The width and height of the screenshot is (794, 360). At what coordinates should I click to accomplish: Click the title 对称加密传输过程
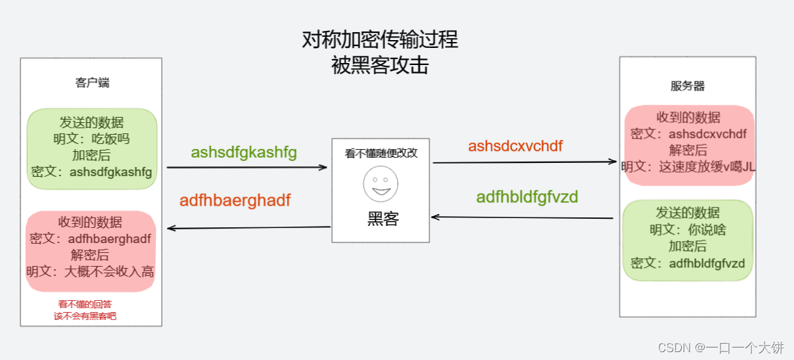[x=380, y=40]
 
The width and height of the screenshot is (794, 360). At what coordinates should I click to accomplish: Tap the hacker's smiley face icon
[x=381, y=183]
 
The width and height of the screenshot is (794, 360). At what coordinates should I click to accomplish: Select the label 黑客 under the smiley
[x=383, y=219]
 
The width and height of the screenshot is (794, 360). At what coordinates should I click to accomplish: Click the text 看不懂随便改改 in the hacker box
[x=381, y=154]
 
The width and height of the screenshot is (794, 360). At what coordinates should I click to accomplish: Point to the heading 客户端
[x=92, y=83]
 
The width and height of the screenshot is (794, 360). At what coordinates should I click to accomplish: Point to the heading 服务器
[x=688, y=86]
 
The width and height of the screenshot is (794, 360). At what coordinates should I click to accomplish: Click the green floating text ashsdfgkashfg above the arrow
[x=244, y=152]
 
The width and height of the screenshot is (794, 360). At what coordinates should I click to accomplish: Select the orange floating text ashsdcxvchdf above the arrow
[x=515, y=146]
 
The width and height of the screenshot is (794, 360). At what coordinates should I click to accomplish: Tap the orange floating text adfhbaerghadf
[x=235, y=200]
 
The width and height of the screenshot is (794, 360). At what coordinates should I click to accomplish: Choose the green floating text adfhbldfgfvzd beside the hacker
[x=527, y=196]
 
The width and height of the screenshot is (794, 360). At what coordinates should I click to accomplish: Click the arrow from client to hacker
[x=246, y=168]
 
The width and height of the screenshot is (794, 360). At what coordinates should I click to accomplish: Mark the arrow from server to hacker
[x=522, y=217]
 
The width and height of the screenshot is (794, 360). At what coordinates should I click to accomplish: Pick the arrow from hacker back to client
[x=248, y=228]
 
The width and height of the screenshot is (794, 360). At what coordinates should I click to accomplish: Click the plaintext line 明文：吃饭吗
[x=91, y=139]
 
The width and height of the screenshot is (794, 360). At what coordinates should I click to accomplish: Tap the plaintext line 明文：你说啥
[x=688, y=230]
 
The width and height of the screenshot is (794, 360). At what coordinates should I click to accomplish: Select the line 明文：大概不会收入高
[x=91, y=271]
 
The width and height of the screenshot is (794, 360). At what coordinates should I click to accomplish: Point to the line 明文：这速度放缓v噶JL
[x=689, y=167]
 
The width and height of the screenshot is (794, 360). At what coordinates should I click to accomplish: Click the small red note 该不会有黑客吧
[x=85, y=316]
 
